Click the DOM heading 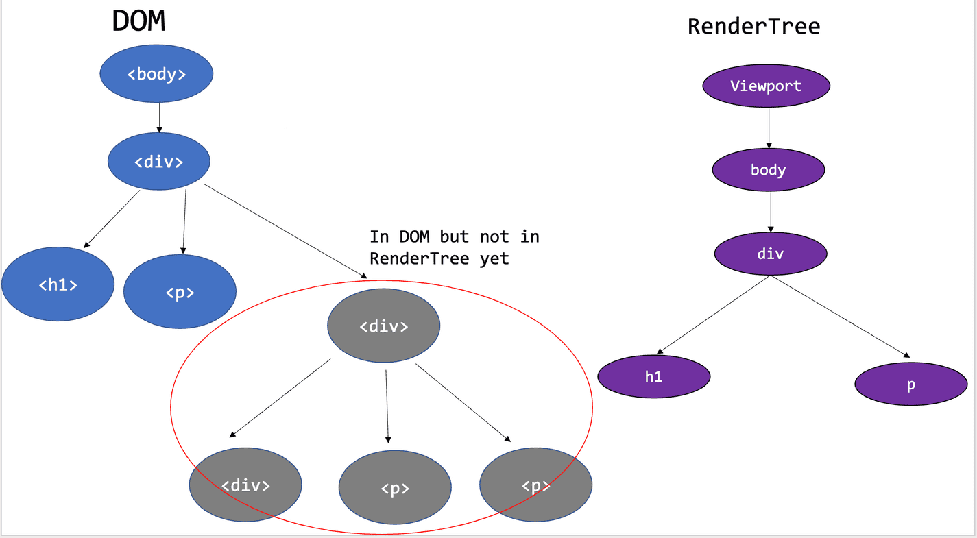pos(138,22)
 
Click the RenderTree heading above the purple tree pos(753,27)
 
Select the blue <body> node pos(157,74)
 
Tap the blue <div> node pos(158,162)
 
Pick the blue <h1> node pos(58,284)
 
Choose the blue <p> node pos(180,293)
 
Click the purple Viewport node pos(766,86)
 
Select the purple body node pos(768,170)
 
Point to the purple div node pos(771,254)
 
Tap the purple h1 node pos(654,376)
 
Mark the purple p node pos(910,384)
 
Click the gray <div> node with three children pos(383,326)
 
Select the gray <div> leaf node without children pos(245,485)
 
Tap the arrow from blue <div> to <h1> pos(112,219)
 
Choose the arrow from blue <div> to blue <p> pos(184,221)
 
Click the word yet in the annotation pos(494,259)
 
